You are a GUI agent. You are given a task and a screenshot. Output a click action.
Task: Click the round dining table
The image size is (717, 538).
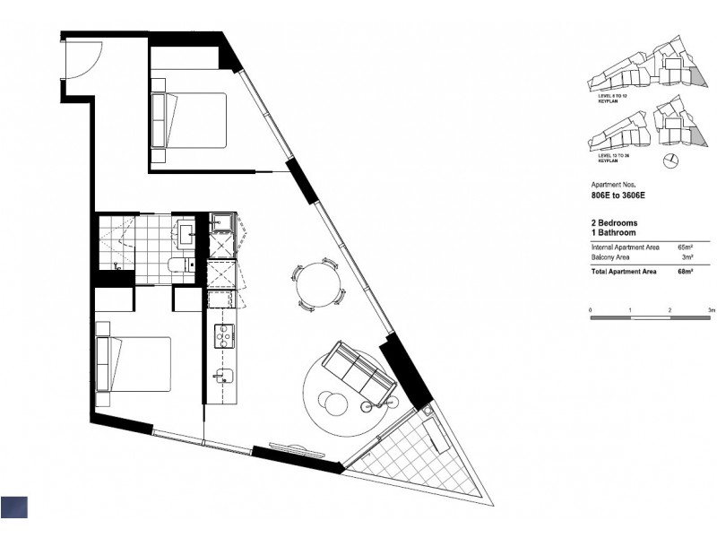click(318, 285)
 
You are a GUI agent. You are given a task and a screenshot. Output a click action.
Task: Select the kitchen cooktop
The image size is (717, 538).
click(221, 334)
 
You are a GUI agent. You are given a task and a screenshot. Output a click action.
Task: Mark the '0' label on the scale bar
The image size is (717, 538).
click(591, 310)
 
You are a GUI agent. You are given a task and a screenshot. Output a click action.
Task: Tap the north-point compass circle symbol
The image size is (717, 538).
click(668, 161)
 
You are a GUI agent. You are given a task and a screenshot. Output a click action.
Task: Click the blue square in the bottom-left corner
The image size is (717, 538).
click(14, 507)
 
